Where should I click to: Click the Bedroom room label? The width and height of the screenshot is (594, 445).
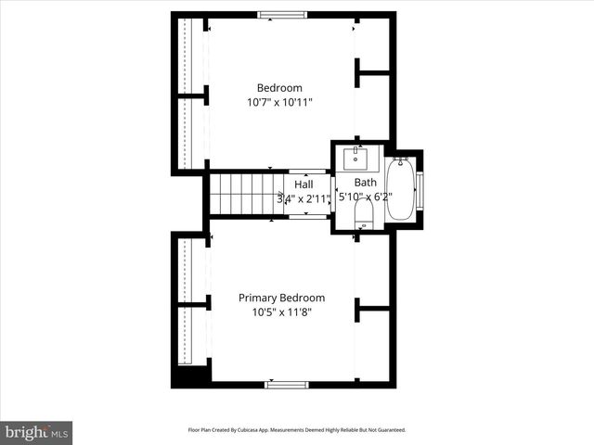[279, 88]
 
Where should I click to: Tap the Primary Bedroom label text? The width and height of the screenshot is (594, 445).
[281, 298]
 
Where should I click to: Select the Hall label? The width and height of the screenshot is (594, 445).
[303, 184]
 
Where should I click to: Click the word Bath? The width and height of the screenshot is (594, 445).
[365, 183]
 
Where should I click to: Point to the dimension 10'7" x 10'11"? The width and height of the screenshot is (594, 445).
[279, 103]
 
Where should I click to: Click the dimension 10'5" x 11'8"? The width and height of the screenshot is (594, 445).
[281, 312]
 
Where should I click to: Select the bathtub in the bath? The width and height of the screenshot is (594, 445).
[400, 191]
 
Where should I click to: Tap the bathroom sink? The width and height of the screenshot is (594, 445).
[356, 157]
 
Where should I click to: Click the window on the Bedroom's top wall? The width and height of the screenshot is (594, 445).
[281, 14]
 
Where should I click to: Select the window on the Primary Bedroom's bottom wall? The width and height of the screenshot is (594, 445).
[287, 384]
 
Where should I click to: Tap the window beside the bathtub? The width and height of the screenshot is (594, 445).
[420, 190]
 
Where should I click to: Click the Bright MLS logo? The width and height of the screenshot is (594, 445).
[36, 432]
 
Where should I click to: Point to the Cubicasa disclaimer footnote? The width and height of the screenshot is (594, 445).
[297, 430]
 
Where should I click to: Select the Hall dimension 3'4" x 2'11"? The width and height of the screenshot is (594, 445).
[303, 198]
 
